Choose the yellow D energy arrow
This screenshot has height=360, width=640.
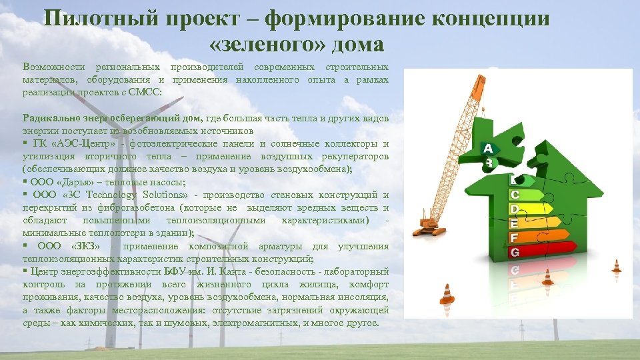pos(530,209)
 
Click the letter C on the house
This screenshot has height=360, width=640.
pos(515,194)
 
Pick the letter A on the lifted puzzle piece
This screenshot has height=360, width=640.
pos(489,148)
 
